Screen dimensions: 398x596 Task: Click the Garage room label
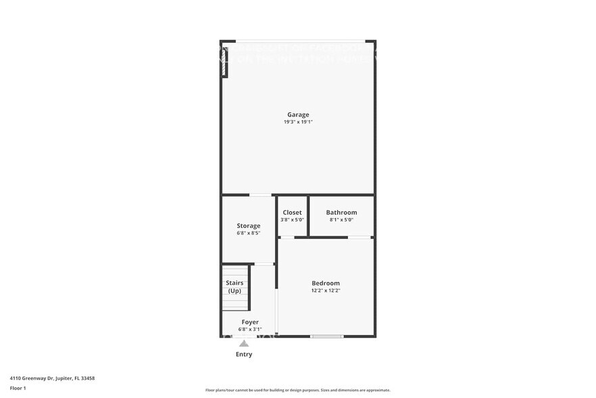click(298, 114)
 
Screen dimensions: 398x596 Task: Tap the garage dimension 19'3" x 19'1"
click(298, 122)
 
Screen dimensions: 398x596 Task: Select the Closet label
click(292, 213)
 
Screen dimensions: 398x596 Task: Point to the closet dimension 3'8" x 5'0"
click(292, 220)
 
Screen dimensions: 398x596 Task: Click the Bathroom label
click(341, 213)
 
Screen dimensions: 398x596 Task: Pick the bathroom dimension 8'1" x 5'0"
click(341, 220)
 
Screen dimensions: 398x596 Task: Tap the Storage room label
click(248, 225)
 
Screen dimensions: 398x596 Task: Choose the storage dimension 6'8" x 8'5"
click(248, 233)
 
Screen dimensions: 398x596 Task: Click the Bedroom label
click(326, 283)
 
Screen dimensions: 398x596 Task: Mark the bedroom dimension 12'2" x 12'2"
click(326, 290)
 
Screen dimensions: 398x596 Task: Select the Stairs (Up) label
click(234, 287)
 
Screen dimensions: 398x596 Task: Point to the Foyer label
click(250, 322)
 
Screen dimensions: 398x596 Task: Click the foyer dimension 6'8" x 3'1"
click(250, 330)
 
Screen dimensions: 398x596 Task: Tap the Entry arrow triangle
click(244, 343)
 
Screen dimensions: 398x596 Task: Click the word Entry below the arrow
click(244, 354)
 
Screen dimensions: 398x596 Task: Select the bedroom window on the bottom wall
click(327, 336)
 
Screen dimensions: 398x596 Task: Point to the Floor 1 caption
click(18, 388)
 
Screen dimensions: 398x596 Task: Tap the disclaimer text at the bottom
click(297, 391)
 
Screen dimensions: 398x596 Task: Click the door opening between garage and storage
click(259, 195)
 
